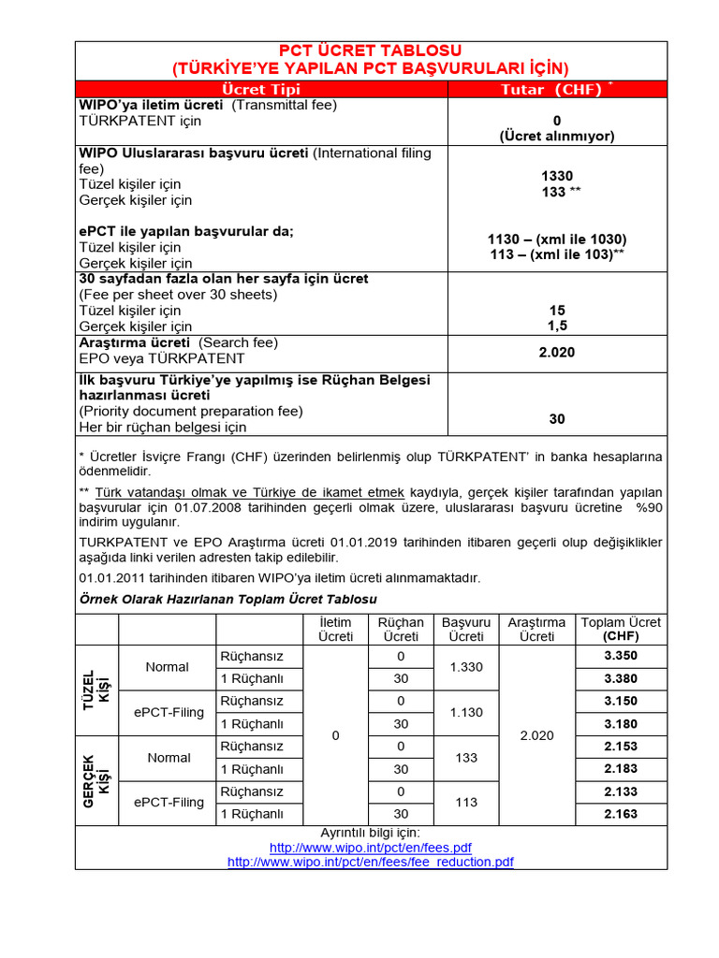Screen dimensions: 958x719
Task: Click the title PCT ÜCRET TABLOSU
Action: pyautogui.click(x=371, y=51)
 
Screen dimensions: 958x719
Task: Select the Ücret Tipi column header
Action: pyautogui.click(x=261, y=89)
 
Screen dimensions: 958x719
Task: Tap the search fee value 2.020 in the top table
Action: pyautogui.click(x=557, y=352)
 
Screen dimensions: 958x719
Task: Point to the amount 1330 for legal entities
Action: pyautogui.click(x=557, y=176)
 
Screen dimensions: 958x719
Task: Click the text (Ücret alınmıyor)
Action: pyautogui.click(x=557, y=136)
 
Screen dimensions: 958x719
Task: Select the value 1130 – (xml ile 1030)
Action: pyautogui.click(x=557, y=239)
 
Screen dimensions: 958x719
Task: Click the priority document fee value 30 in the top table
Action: pyautogui.click(x=557, y=419)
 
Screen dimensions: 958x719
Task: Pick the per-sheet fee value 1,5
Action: pyautogui.click(x=557, y=326)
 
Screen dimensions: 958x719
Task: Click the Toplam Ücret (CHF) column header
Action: pyautogui.click(x=621, y=629)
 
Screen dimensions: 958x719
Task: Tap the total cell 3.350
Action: pyautogui.click(x=621, y=656)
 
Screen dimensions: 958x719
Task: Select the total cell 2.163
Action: pyautogui.click(x=621, y=814)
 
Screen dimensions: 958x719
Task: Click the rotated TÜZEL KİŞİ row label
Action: pyautogui.click(x=96, y=689)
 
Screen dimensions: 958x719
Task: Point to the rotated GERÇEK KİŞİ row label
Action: pyautogui.click(x=96, y=780)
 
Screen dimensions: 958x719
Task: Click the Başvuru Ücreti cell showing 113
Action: pyautogui.click(x=466, y=803)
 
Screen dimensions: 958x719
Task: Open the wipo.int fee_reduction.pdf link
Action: pyautogui.click(x=371, y=862)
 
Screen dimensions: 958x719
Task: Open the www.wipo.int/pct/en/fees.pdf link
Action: pyautogui.click(x=371, y=847)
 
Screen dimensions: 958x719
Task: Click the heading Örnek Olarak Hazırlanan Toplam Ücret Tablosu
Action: pyautogui.click(x=228, y=598)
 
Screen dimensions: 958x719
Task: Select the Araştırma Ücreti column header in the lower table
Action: pyautogui.click(x=536, y=629)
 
